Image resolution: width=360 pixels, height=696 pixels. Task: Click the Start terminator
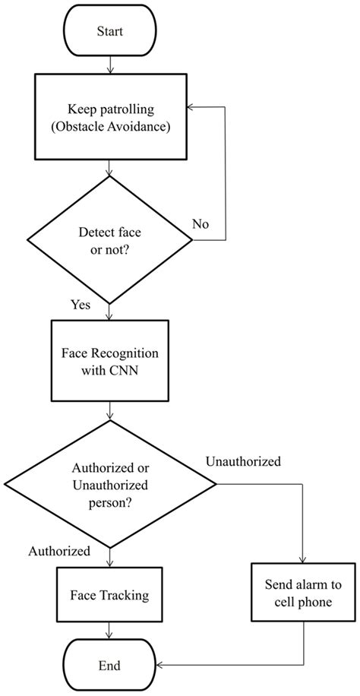[111, 33]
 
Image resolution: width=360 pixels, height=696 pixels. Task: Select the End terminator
[111, 666]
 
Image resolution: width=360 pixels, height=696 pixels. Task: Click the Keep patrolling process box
[111, 118]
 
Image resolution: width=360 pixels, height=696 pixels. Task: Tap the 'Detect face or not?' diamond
[111, 240]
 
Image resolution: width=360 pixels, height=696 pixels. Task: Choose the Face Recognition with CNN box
[111, 360]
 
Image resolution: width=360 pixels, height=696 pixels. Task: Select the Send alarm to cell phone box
[303, 593]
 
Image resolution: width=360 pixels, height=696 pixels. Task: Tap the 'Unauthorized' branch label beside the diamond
[243, 461]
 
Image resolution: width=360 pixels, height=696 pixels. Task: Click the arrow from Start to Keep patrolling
[111, 66]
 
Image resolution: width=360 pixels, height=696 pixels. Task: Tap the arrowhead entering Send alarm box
[303, 562]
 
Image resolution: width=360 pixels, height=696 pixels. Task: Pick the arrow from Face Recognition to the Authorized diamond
[111, 410]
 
